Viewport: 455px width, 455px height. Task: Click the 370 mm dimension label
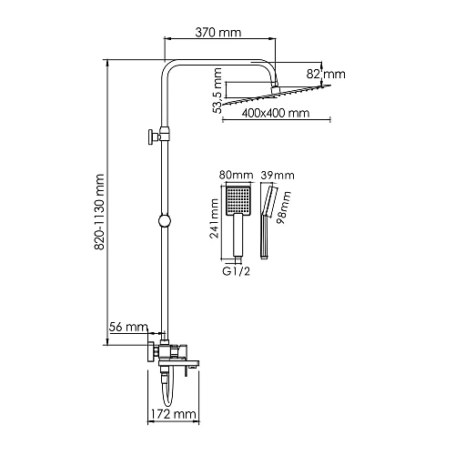click(218, 33)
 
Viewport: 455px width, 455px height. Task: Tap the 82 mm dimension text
click(326, 75)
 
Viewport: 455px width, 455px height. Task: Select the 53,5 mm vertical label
click(217, 91)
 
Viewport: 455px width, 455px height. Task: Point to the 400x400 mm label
click(276, 113)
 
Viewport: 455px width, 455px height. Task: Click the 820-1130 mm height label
click(99, 212)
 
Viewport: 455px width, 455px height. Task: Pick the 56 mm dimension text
click(128, 327)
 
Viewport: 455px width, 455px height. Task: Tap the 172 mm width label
click(174, 414)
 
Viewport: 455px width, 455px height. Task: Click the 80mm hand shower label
click(237, 175)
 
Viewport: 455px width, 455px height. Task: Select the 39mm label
click(278, 176)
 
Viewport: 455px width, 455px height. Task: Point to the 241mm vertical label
click(215, 218)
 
